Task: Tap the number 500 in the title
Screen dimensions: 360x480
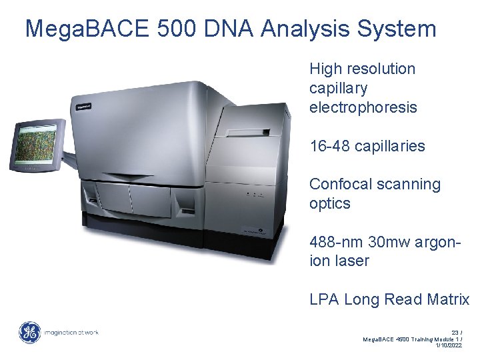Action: click(x=177, y=29)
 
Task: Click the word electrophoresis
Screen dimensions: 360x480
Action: click(x=363, y=107)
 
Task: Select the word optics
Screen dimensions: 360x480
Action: click(x=329, y=203)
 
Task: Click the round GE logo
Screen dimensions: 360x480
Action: click(x=29, y=332)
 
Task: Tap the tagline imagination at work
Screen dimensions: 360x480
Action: click(x=71, y=332)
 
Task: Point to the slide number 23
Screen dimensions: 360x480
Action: click(x=456, y=332)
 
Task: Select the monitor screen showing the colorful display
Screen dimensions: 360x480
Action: click(x=35, y=143)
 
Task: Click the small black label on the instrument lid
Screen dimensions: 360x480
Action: click(x=83, y=105)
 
